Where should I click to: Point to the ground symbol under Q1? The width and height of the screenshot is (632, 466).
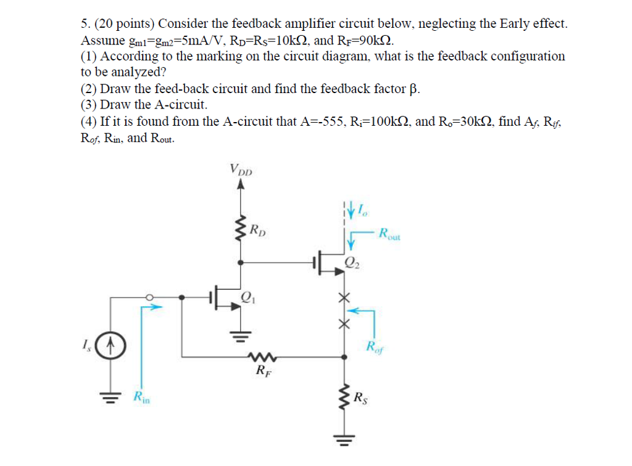pos(240,335)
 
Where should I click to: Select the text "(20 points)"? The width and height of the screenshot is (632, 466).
pos(123,24)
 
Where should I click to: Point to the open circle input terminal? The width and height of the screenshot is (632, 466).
pos(148,298)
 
